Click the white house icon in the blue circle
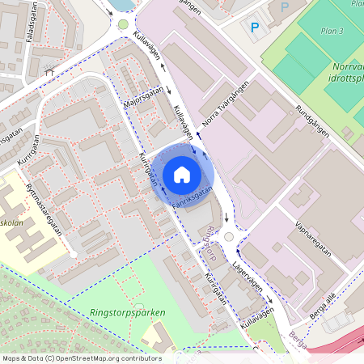click(x=182, y=175)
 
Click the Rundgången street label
click(x=313, y=122)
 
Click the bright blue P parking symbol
click(x=255, y=28)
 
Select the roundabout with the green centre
click(x=123, y=24)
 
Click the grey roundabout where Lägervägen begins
click(x=228, y=237)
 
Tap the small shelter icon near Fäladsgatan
click(x=50, y=70)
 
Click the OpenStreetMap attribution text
click(x=81, y=358)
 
